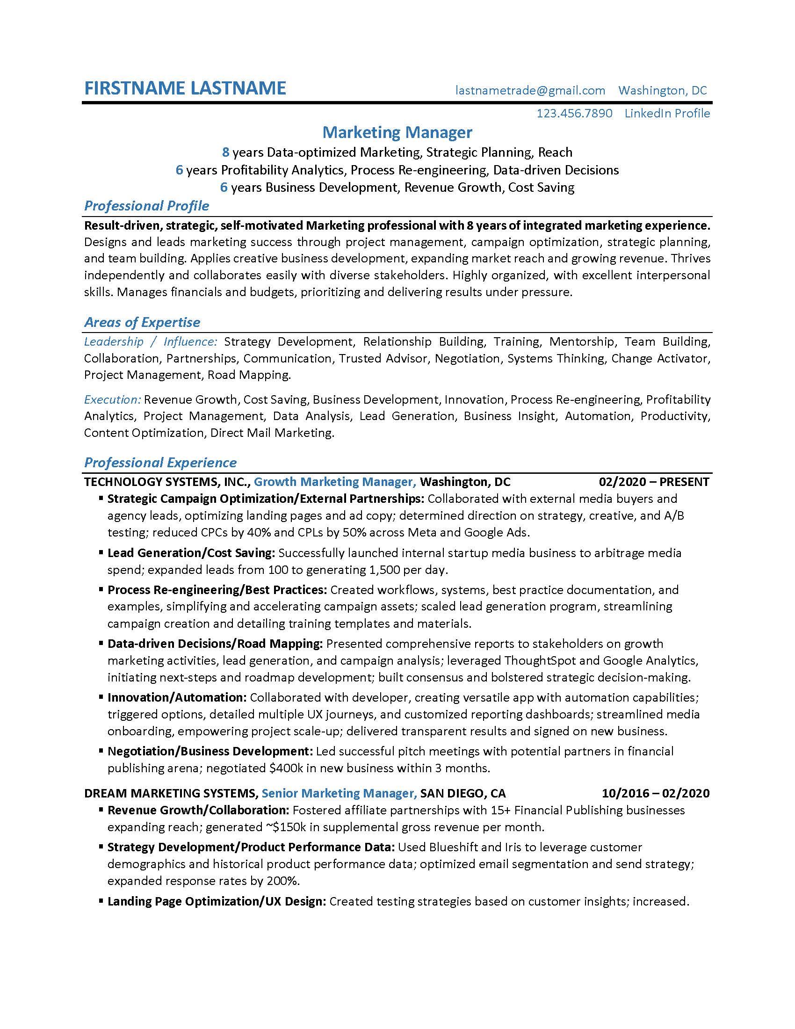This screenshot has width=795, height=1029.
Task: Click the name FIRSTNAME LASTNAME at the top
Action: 185,88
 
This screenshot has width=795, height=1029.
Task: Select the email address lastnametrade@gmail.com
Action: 530,90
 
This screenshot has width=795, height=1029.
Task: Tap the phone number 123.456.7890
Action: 574,114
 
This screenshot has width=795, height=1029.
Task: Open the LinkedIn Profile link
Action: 667,114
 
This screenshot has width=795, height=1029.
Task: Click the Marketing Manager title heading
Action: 397,132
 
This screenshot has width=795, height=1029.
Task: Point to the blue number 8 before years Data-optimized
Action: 225,152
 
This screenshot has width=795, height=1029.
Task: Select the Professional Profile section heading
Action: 146,206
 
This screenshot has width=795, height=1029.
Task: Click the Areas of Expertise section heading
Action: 142,322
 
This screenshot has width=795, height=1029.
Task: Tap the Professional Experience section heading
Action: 160,463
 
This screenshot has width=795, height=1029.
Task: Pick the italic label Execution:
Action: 112,399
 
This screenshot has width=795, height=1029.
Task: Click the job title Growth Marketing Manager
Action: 334,482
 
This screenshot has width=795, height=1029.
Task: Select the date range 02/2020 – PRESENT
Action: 654,482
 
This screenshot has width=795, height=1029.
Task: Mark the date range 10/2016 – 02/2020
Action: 655,793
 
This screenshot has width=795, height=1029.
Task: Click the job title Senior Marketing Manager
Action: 339,793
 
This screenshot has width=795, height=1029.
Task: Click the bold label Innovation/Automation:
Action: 177,698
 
